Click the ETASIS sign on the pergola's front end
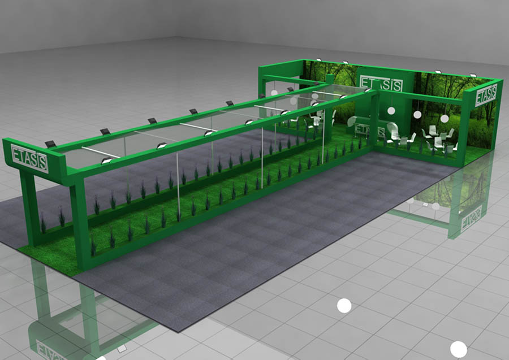click(29, 159)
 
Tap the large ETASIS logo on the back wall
click(381, 84)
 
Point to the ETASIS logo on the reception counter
click(369, 130)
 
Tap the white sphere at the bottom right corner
click(458, 349)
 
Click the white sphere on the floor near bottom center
click(344, 306)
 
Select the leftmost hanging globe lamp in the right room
click(391, 111)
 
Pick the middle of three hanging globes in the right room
click(417, 114)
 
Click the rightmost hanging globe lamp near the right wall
click(445, 118)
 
